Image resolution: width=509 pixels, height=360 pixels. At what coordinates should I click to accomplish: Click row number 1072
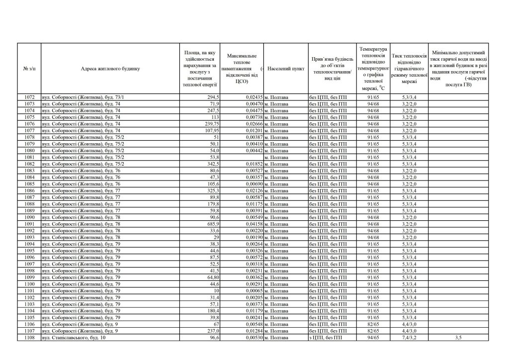29,97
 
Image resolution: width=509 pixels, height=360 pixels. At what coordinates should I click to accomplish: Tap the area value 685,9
212,224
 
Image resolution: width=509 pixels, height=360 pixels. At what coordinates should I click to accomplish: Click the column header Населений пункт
286,69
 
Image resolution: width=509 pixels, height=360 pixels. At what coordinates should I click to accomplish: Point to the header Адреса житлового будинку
110,69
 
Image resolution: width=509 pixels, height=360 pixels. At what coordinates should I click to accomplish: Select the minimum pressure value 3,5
458,338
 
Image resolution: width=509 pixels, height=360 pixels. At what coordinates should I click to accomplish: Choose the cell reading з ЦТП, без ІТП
329,338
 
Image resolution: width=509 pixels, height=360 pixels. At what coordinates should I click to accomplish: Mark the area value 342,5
211,164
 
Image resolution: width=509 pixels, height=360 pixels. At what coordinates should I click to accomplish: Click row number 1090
29,217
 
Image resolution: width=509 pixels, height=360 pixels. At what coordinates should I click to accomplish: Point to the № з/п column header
29,69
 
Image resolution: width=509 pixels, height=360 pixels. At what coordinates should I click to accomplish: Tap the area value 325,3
211,190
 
